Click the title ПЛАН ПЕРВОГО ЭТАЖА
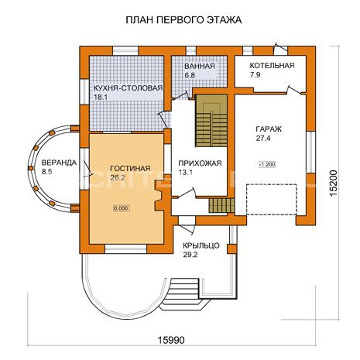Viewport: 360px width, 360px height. [x=183, y=20]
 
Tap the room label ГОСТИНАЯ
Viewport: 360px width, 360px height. [x=130, y=169]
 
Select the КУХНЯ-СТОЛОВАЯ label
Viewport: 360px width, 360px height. [x=128, y=88]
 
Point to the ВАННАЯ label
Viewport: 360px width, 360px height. [x=200, y=66]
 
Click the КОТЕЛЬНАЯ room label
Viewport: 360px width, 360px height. [x=272, y=66]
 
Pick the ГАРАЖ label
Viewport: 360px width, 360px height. [x=269, y=129]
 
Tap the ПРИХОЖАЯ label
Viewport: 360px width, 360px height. [x=200, y=163]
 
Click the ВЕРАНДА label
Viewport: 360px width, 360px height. [x=59, y=163]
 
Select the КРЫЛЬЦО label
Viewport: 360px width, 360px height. [x=201, y=245]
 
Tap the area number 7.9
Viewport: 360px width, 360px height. [x=255, y=75]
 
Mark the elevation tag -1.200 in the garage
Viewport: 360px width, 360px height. [x=267, y=164]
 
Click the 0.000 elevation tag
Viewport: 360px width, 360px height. [x=121, y=208]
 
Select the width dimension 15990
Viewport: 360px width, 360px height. [x=171, y=340]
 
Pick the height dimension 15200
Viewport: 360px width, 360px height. [x=334, y=183]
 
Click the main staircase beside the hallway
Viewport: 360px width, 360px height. [x=211, y=121]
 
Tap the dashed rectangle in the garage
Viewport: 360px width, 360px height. [x=272, y=199]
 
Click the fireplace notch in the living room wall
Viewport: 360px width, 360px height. [x=159, y=196]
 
